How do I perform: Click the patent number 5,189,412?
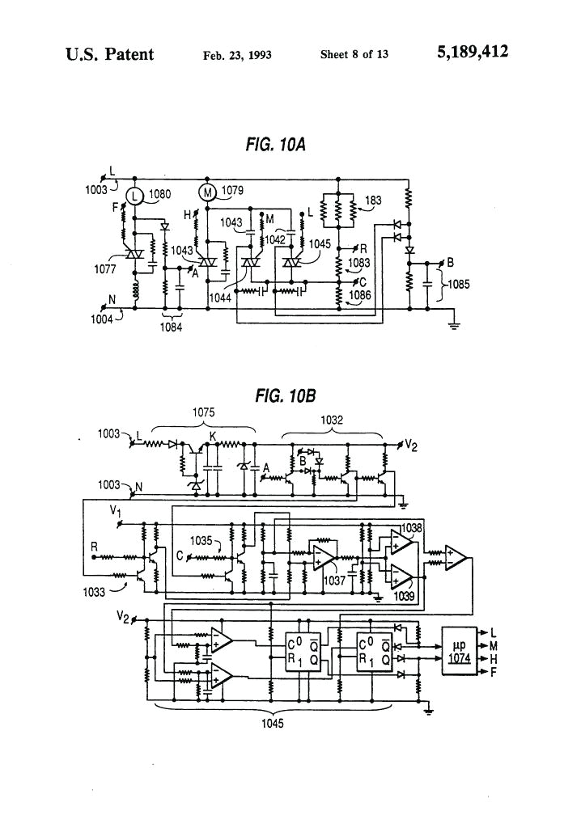(473, 53)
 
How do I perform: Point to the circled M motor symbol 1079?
(207, 192)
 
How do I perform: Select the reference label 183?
(373, 200)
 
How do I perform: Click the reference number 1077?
(104, 269)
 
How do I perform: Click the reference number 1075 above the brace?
(203, 412)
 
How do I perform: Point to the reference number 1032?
(332, 420)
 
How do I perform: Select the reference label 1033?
(95, 591)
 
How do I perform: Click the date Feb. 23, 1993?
(236, 55)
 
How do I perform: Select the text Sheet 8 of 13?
(354, 55)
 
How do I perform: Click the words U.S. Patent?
(109, 54)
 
